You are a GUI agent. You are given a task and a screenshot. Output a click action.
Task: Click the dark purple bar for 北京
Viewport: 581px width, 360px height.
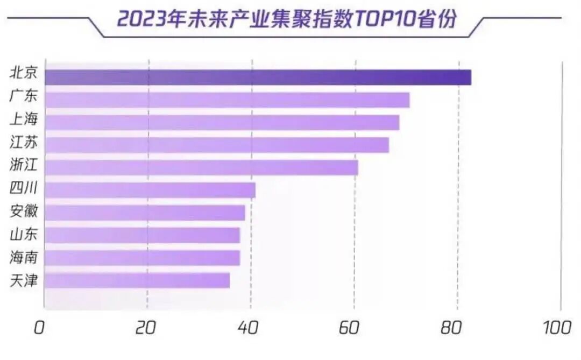point(258,77)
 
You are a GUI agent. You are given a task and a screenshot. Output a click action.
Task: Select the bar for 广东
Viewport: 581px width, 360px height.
point(226,100)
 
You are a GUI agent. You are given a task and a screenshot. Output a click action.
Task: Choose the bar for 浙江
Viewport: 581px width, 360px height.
point(201,168)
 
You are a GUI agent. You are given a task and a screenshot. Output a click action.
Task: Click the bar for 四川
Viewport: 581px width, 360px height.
point(150,190)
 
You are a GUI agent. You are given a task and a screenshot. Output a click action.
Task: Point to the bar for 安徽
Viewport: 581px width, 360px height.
point(144,213)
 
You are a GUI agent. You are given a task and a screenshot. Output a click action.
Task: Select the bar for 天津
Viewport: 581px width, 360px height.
point(137,280)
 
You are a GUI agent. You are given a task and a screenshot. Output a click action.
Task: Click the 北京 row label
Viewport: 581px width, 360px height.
point(23,73)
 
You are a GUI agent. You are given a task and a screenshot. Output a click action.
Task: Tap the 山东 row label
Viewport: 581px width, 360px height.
point(23,234)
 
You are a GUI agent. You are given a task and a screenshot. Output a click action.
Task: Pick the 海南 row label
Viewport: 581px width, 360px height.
point(23,257)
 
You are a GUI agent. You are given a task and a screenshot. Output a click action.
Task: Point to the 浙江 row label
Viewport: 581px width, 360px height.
point(23,165)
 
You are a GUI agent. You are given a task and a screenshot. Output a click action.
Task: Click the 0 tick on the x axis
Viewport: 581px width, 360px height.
point(39,328)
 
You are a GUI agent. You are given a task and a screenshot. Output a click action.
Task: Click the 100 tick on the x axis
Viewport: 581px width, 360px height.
point(557,328)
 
